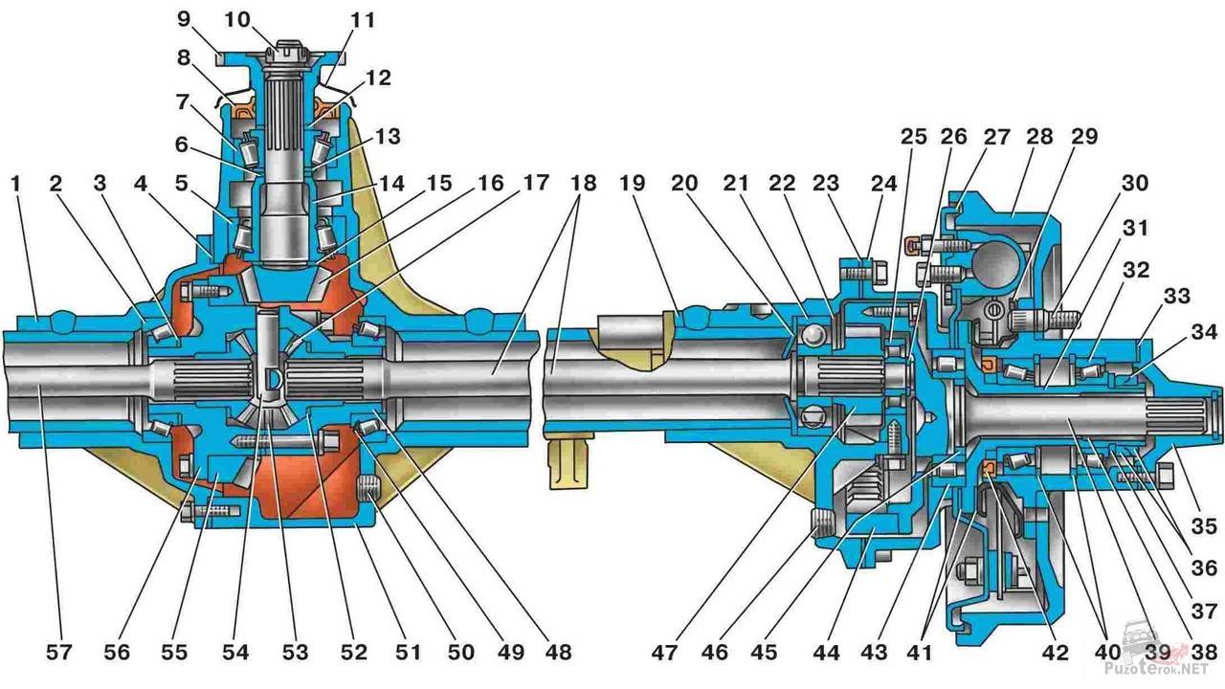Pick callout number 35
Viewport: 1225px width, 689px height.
1204,525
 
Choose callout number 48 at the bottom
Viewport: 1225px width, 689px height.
557,653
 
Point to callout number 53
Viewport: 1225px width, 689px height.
295,653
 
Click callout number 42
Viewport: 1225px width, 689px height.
1053,653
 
